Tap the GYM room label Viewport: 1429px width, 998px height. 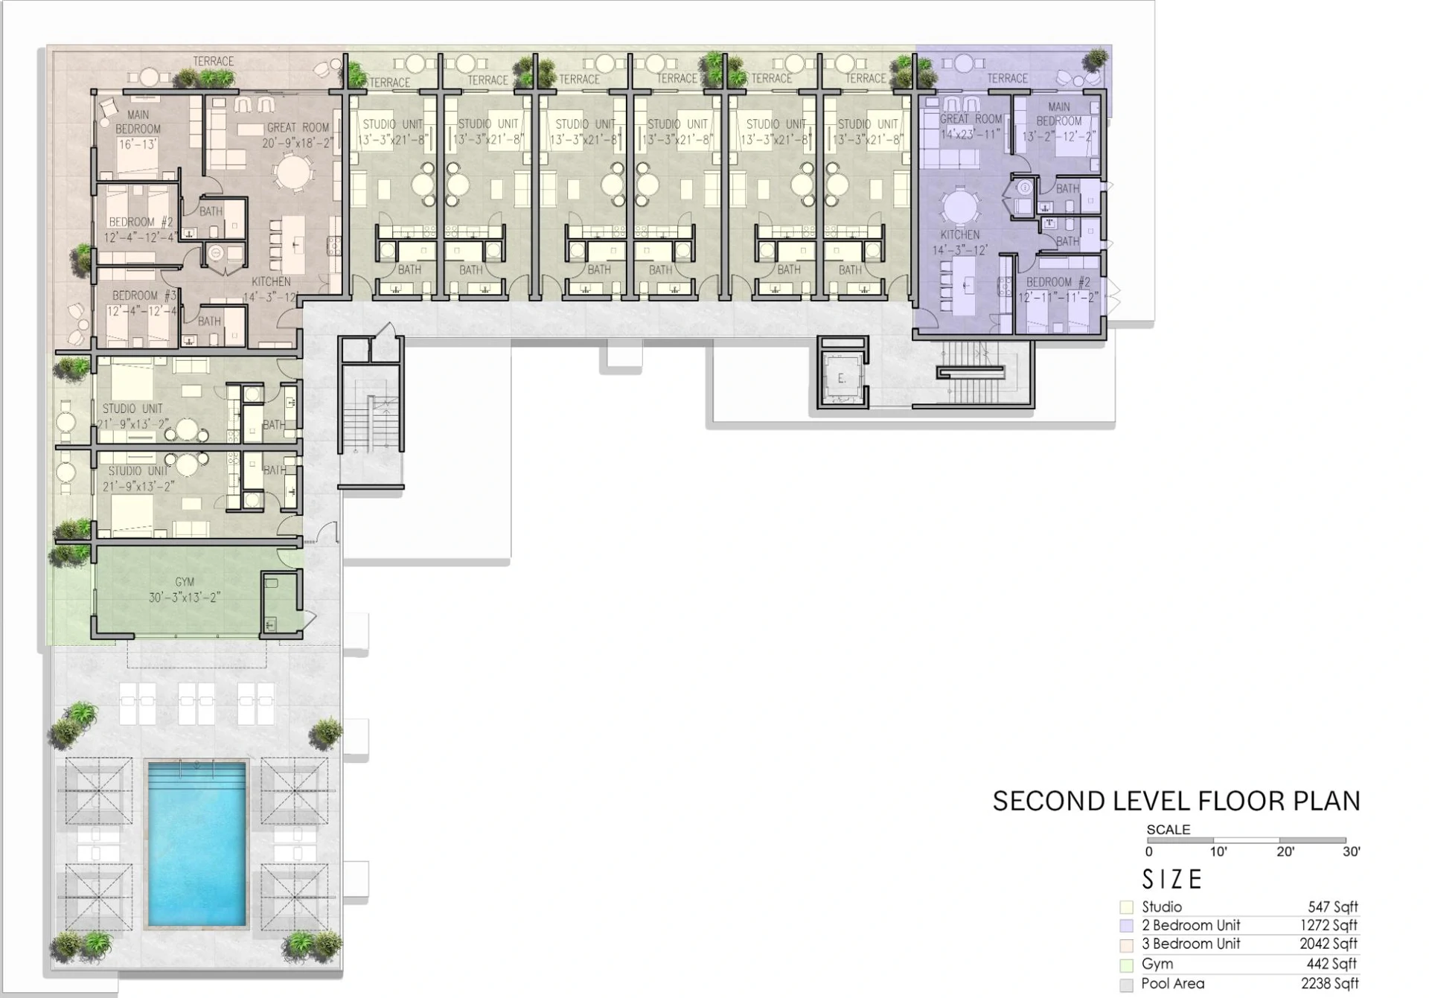[x=185, y=582]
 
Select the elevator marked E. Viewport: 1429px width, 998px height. [x=842, y=377]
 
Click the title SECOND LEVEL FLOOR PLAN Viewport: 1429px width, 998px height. [x=1176, y=802]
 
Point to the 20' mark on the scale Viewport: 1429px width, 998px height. [x=1285, y=851]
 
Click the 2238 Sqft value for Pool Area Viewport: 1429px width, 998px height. [x=1329, y=983]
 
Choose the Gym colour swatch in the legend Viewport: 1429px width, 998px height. [x=1126, y=965]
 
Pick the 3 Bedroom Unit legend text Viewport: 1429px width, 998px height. [x=1191, y=944]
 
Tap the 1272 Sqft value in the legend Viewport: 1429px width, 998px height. [x=1329, y=925]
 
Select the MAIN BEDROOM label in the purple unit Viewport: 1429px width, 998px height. [x=1058, y=114]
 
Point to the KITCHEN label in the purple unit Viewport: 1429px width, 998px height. [x=959, y=234]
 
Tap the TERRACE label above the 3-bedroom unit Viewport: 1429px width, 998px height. [x=213, y=61]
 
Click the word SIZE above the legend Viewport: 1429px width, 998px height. [x=1172, y=880]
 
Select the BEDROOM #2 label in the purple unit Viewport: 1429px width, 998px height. [x=1058, y=282]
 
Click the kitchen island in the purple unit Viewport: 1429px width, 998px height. [x=967, y=284]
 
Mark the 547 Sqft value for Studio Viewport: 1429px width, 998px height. [x=1332, y=906]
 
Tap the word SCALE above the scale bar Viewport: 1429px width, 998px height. [x=1168, y=829]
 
